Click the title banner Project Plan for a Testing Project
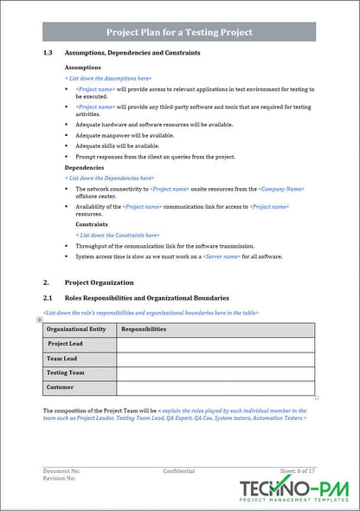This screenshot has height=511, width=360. coord(179,32)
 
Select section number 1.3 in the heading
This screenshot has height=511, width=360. coord(48,54)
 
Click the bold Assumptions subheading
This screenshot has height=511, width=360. coord(83,68)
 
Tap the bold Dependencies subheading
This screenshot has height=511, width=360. coord(85,167)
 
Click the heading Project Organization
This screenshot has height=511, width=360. coord(100,282)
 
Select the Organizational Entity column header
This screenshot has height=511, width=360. coord(76,329)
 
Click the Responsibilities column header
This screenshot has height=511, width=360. coord(144,329)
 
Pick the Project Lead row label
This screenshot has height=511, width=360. coord(65,344)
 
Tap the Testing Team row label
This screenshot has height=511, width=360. coord(66,373)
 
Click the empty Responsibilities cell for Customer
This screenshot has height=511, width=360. coord(215,388)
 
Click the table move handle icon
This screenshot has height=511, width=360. coord(40,320)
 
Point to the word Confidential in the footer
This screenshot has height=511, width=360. coord(179,471)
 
